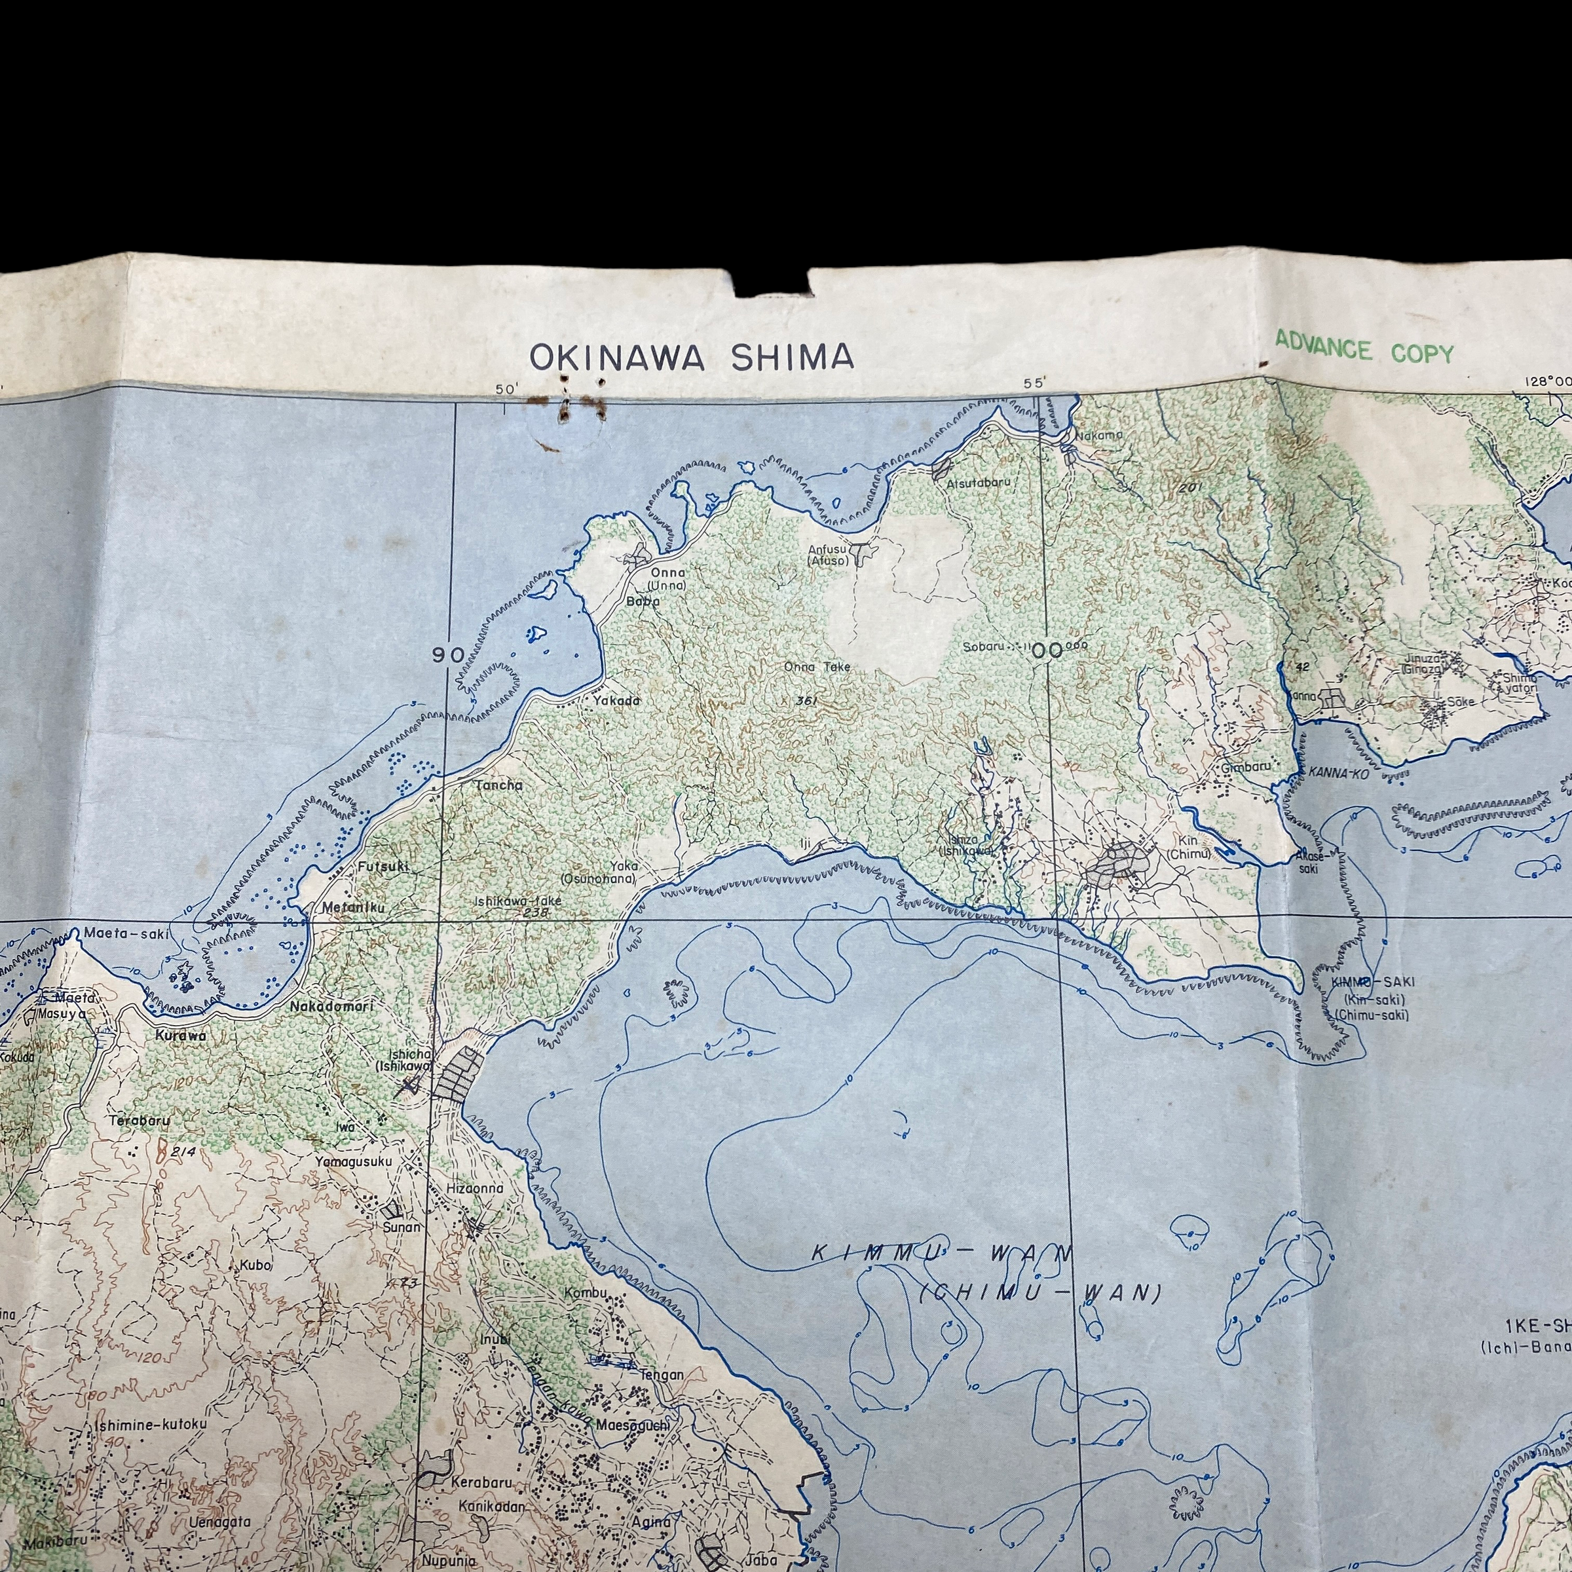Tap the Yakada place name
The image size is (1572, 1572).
click(616, 701)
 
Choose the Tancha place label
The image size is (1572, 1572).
click(498, 785)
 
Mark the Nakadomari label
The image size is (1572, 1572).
click(332, 1007)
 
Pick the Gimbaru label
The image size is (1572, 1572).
click(1246, 766)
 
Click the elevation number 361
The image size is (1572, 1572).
click(806, 701)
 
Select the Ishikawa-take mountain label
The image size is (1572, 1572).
click(518, 901)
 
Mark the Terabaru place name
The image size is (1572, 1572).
click(140, 1121)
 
